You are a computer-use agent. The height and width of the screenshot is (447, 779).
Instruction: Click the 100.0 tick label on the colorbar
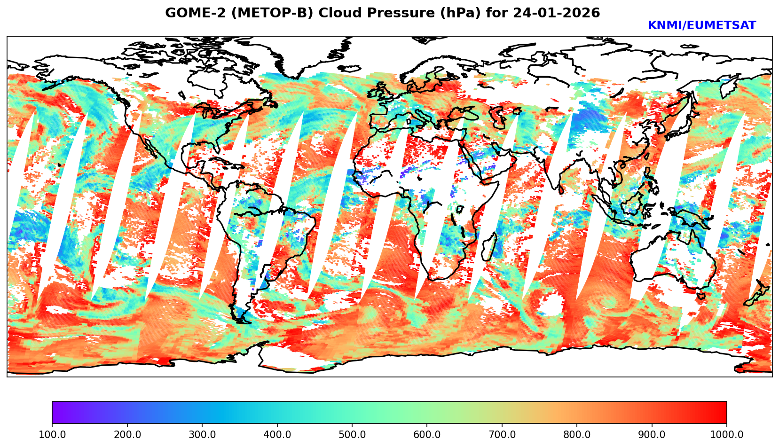click(52, 434)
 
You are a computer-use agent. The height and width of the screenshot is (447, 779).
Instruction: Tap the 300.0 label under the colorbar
click(202, 434)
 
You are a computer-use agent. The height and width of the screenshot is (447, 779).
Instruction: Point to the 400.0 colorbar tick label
click(277, 434)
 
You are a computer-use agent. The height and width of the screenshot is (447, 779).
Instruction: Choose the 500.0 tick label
click(352, 434)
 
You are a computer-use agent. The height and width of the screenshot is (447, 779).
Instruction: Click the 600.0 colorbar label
click(427, 434)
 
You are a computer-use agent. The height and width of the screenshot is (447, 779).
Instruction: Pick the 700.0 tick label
click(502, 434)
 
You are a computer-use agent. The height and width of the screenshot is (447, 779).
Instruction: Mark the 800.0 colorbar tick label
click(577, 434)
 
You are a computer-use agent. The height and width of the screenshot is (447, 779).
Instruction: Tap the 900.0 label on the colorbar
click(652, 434)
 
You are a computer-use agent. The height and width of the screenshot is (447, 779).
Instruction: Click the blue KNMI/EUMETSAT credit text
click(701, 25)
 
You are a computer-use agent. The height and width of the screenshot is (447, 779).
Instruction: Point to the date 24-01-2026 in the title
click(557, 13)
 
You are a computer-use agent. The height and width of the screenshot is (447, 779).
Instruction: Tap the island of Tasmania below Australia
click(701, 296)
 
